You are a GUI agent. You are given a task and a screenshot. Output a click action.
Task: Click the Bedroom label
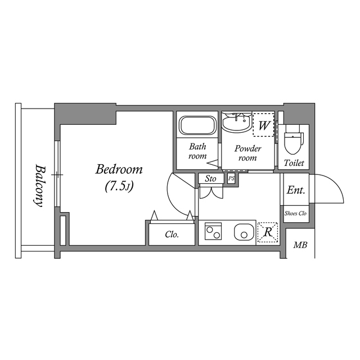[119, 169]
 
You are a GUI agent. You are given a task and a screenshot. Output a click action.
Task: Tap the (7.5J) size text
[119, 186]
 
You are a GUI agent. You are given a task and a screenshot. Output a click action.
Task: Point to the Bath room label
[197, 151]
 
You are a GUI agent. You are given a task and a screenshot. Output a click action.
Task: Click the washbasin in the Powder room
[236, 122]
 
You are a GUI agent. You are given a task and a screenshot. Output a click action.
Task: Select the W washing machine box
[263, 125]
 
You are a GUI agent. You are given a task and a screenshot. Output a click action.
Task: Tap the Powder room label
[247, 153]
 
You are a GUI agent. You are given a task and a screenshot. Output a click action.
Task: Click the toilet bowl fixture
[294, 140]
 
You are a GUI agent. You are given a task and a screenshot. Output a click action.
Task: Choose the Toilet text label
[294, 163]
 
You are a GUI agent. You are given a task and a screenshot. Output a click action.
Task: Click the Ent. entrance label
[295, 190]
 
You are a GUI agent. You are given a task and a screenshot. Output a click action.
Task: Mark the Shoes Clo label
[295, 214]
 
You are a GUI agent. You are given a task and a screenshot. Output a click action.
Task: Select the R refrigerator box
[267, 232]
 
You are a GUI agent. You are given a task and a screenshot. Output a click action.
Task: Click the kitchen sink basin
[244, 232]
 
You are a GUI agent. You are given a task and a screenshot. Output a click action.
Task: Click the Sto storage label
[210, 179]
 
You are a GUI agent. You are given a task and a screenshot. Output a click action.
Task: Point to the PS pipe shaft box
[231, 179]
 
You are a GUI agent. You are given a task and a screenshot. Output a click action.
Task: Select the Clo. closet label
[172, 235]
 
